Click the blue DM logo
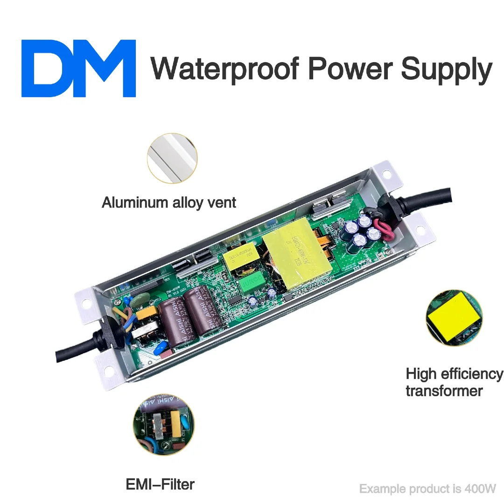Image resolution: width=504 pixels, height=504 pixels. pyautogui.click(x=78, y=68)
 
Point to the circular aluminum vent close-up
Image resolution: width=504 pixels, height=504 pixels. pyautogui.click(x=172, y=158)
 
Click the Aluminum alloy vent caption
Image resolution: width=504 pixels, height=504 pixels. pyautogui.click(x=169, y=203)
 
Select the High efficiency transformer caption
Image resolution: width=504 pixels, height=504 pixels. pyautogui.click(x=454, y=382)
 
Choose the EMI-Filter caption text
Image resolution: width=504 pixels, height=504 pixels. pyautogui.click(x=160, y=485)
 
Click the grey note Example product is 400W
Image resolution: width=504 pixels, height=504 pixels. pyautogui.click(x=427, y=489)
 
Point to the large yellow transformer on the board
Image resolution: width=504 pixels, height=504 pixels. pyautogui.click(x=297, y=259)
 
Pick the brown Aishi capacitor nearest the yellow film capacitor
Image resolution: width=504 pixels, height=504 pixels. pyautogui.click(x=173, y=322)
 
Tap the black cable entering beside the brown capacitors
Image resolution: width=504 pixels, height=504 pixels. pyautogui.click(x=79, y=345)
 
